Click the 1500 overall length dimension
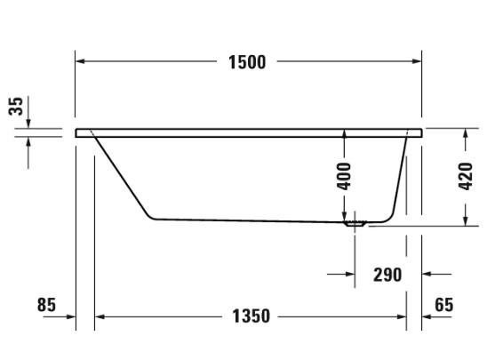click(247, 62)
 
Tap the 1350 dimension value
click(251, 316)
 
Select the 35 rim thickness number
click(16, 107)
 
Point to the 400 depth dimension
click(344, 176)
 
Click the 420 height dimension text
click(466, 176)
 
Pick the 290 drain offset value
click(387, 275)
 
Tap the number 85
click(46, 304)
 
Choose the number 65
click(444, 304)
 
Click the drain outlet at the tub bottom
click(355, 223)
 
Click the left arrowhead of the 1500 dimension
click(80, 61)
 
